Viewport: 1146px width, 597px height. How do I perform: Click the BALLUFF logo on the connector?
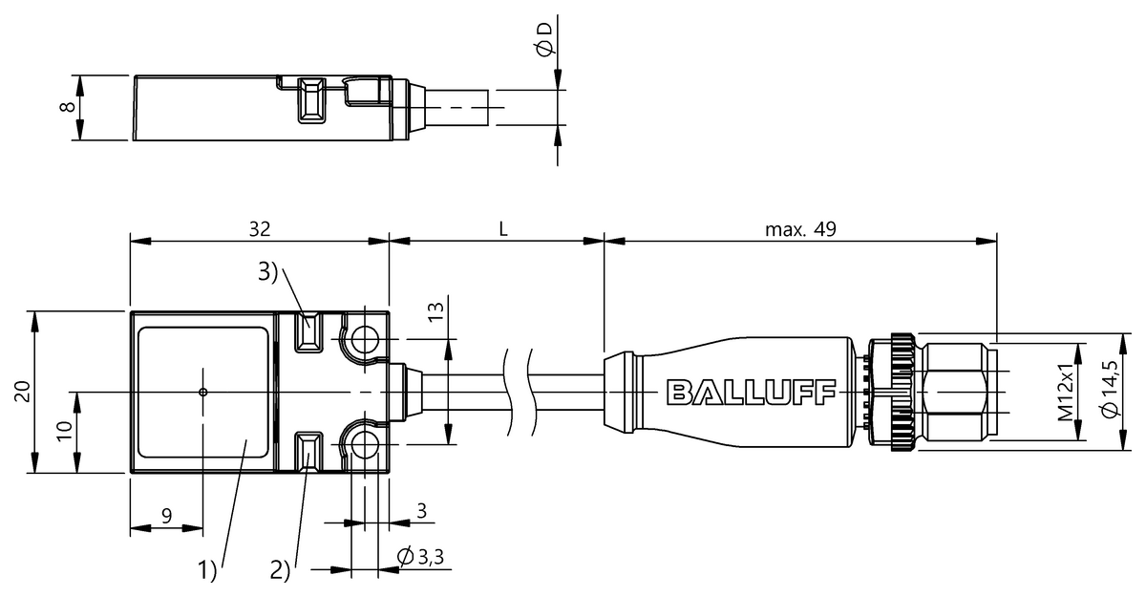tap(751, 393)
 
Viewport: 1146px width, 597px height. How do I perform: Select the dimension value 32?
tap(260, 229)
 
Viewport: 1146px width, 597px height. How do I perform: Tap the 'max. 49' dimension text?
tap(800, 229)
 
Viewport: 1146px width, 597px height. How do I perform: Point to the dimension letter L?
tap(503, 229)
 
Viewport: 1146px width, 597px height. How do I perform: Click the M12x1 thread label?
tap(1065, 392)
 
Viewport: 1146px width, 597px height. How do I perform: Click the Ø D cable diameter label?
tap(545, 39)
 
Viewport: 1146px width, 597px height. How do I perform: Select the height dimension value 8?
tap(68, 107)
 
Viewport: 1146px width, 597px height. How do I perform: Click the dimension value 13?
tap(435, 311)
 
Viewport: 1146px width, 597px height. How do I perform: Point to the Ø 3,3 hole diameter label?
tap(420, 557)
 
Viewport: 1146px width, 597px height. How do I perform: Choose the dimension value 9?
tap(167, 516)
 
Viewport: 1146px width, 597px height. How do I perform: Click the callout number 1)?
tap(208, 570)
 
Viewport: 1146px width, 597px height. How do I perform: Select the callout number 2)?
tap(281, 570)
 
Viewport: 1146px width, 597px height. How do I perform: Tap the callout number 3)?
tap(267, 272)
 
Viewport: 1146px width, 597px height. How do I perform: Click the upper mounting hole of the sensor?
tap(365, 339)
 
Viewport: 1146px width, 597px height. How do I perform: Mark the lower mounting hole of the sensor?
tap(365, 444)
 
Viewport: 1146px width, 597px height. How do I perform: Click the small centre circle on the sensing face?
tap(203, 393)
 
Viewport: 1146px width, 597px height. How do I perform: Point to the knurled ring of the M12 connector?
tap(902, 393)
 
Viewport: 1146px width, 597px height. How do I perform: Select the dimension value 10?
tap(65, 431)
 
